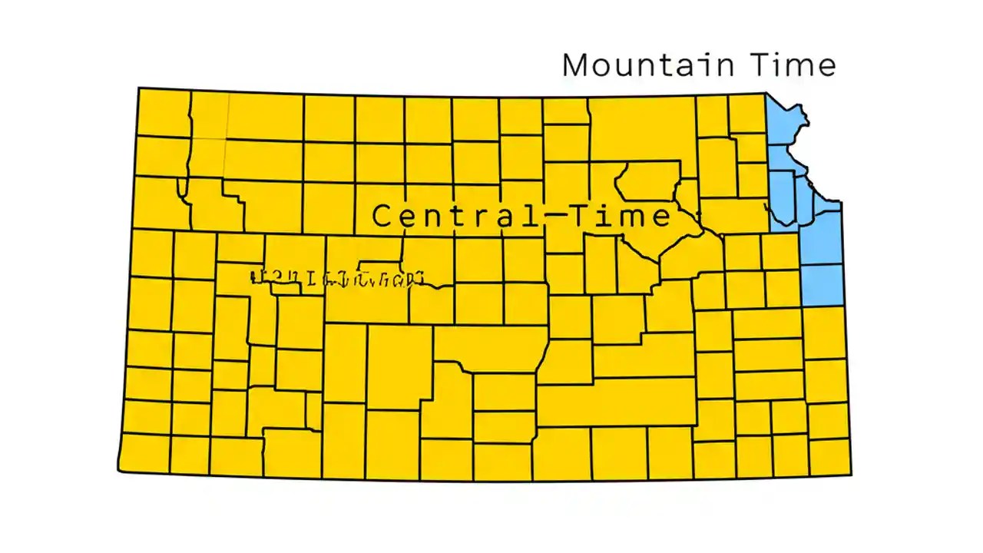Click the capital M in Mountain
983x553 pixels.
pos(578,65)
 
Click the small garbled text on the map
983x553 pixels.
pos(338,278)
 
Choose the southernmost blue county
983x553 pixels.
pos(822,284)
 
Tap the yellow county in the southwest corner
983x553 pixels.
pos(144,453)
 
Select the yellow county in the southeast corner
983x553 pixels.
pos(829,456)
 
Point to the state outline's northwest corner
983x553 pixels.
pos(139,88)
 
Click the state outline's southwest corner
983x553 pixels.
pos(118,470)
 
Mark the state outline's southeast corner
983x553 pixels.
pos(851,474)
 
